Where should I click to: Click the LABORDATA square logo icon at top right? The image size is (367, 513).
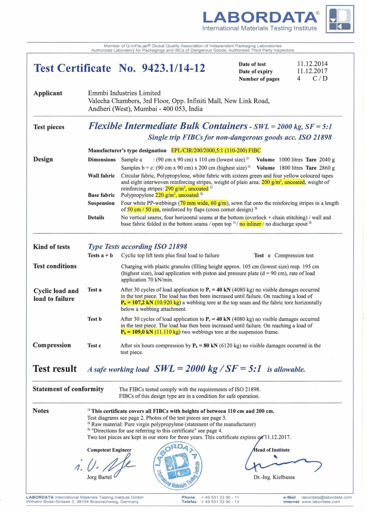340,19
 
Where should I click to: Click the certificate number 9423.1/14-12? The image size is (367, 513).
173,68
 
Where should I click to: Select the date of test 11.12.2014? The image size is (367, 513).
312,64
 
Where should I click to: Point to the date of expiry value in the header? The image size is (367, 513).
312,71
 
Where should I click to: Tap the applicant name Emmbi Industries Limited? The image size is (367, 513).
124,93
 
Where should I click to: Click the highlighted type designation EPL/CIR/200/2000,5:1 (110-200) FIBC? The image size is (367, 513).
216,150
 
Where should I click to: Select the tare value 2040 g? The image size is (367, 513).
327,160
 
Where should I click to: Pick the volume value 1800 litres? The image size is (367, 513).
291,168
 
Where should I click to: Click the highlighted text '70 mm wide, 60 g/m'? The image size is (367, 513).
203,203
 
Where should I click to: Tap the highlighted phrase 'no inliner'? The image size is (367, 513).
250,224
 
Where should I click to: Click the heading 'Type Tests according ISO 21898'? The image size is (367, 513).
138,247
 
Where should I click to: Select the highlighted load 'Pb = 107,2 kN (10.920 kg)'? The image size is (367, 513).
151,303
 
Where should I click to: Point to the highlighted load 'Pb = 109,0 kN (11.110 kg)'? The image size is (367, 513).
151,332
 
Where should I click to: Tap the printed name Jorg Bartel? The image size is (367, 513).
99,477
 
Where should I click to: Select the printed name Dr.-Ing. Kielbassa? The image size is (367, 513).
274,477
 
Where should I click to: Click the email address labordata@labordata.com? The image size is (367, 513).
327,497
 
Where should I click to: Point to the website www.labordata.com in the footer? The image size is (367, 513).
321,502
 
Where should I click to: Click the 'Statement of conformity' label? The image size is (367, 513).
68,389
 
